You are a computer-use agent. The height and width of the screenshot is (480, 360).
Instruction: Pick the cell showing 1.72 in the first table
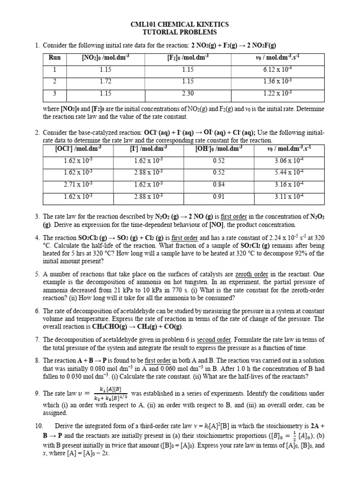tap(105, 81)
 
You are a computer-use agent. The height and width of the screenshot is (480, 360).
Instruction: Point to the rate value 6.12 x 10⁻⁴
tap(277, 69)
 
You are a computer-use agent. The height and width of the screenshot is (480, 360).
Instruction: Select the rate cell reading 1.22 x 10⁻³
tap(277, 93)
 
